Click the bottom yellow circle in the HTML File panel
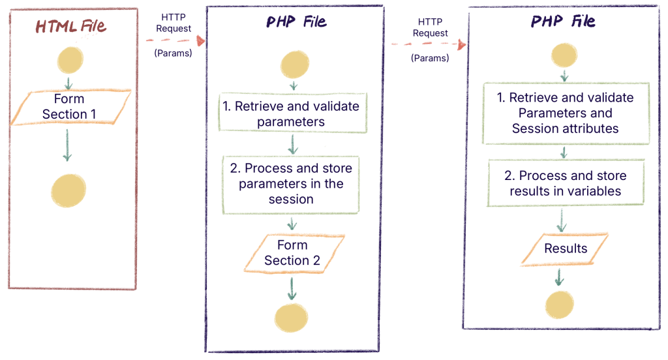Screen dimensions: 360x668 point(68,190)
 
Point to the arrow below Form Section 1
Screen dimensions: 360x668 point(67,145)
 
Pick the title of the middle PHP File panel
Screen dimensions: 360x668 point(296,22)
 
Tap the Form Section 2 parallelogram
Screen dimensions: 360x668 point(292,253)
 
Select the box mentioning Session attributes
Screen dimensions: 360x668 point(564,113)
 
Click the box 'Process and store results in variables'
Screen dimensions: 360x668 point(566,183)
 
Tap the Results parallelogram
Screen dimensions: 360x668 point(565,248)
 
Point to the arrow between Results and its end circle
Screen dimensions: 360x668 point(558,278)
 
